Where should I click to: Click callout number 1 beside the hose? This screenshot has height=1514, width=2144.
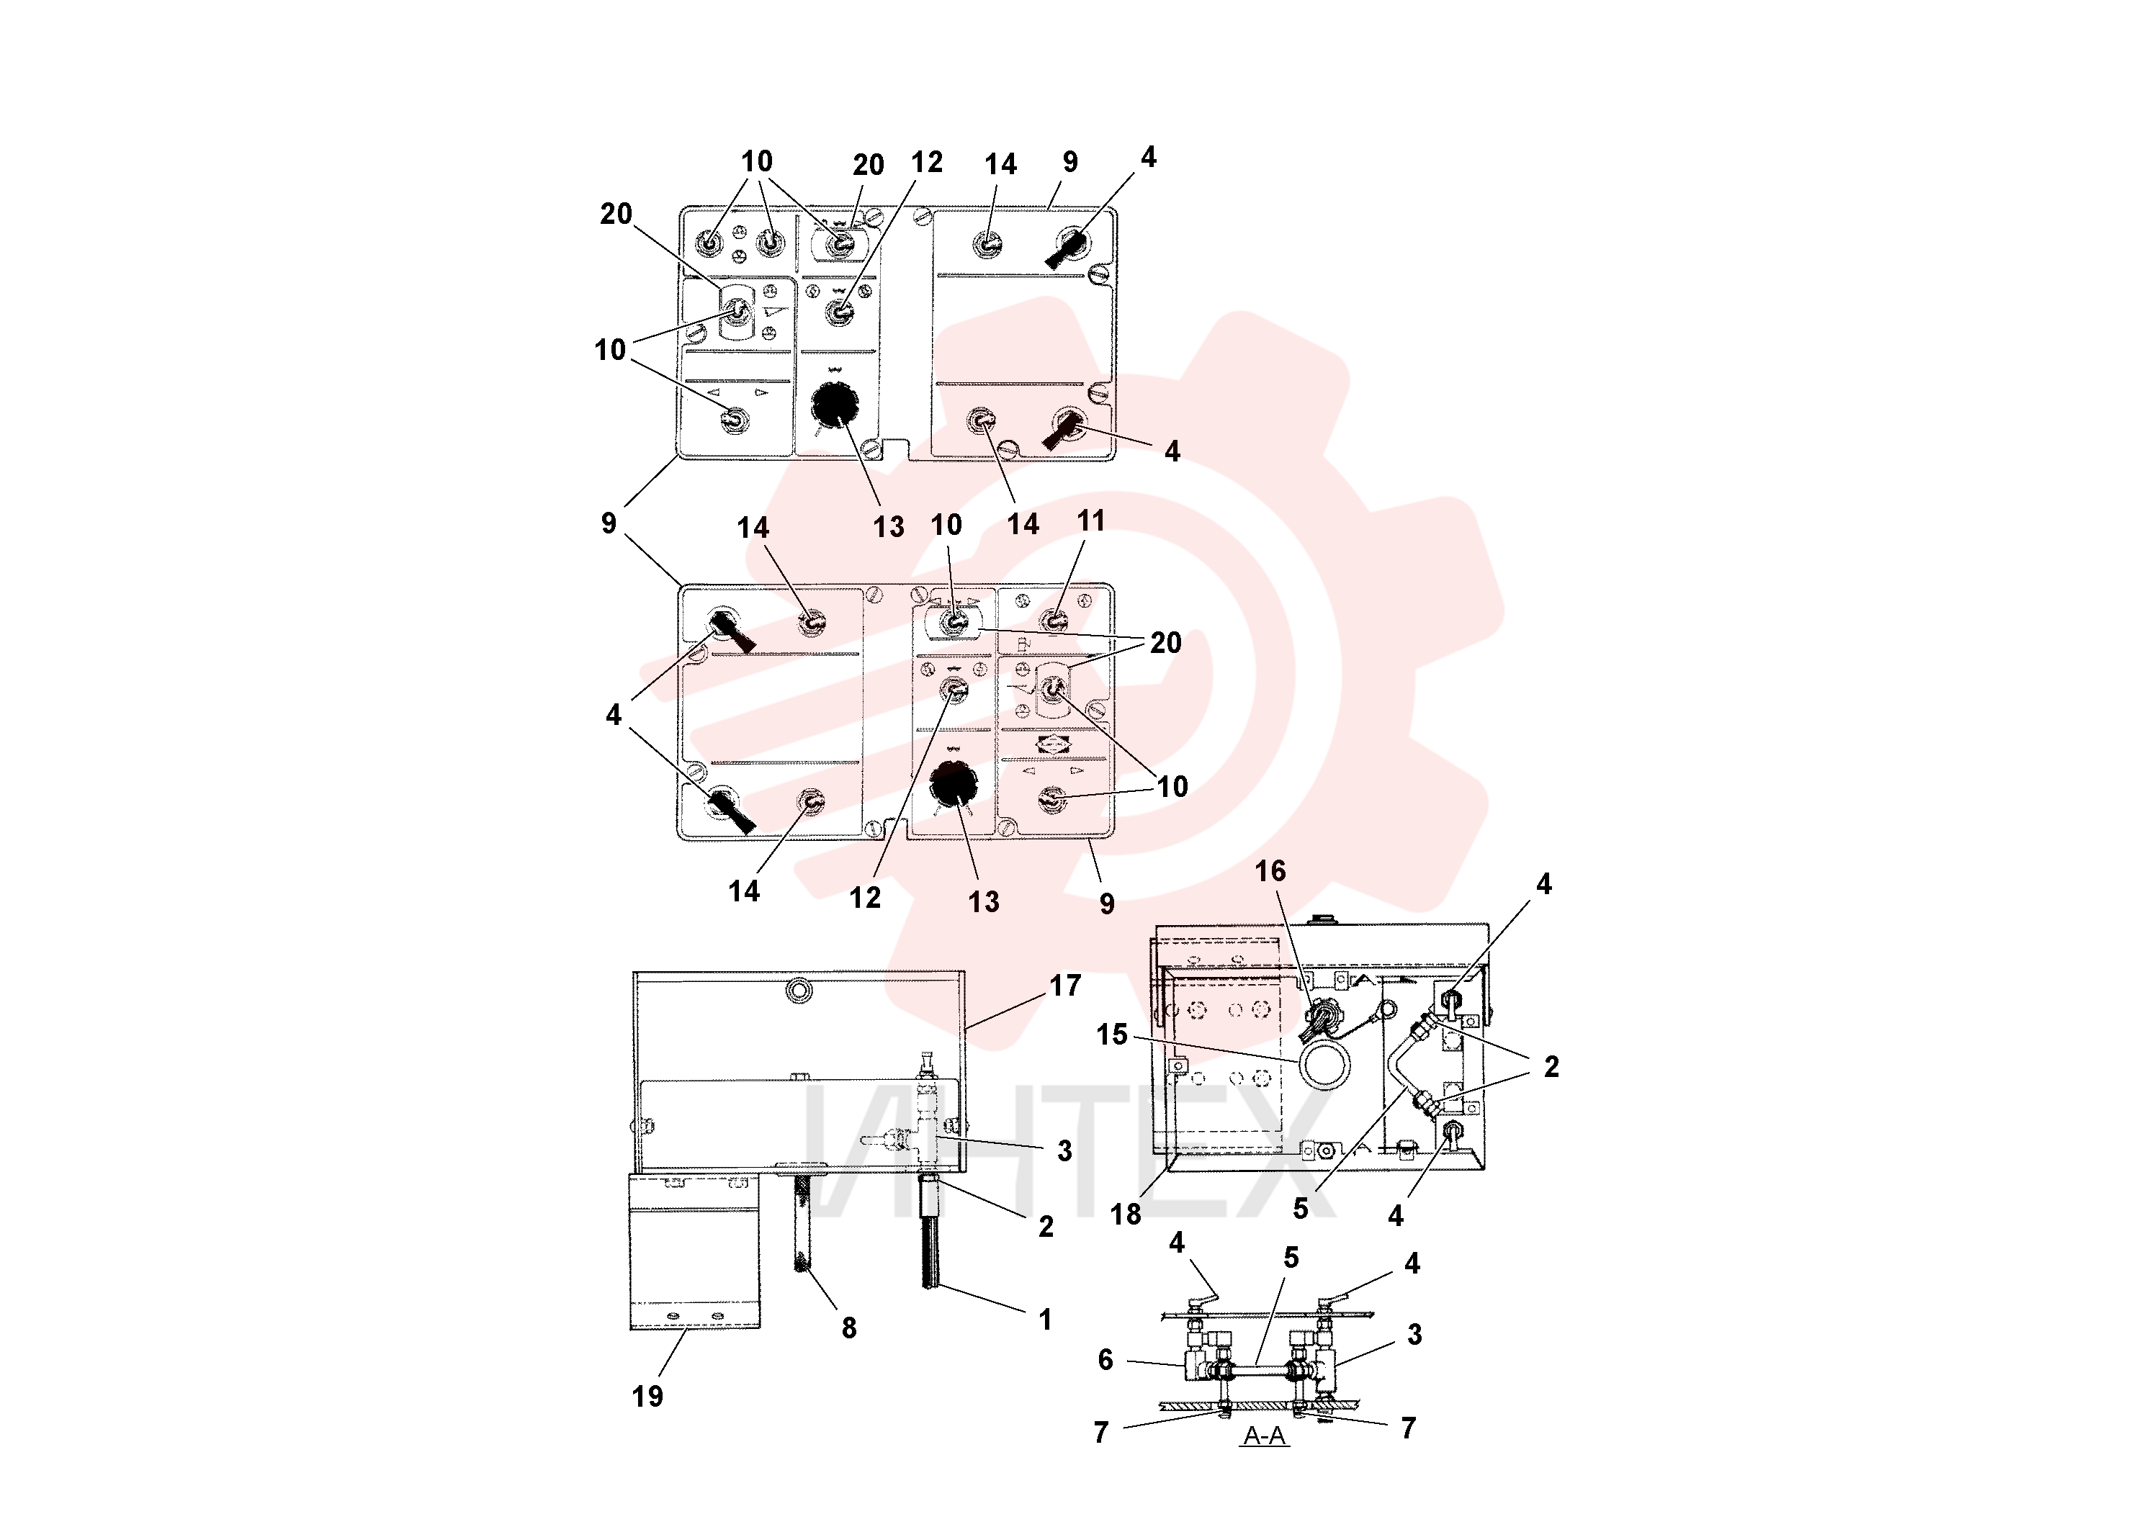click(1045, 1320)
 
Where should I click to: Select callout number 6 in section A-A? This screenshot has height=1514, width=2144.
click(1105, 1360)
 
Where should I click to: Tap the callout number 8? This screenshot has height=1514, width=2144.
click(849, 1328)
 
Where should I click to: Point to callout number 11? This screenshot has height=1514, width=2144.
click(1090, 521)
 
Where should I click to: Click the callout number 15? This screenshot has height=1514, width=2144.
click(1112, 1035)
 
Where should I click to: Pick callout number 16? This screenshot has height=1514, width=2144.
click(1270, 871)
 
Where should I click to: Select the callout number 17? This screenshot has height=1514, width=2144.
click(1065, 985)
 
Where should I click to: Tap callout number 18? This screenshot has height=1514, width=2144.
click(1125, 1214)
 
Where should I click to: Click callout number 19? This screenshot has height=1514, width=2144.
click(647, 1397)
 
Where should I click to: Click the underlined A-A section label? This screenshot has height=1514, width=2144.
click(1265, 1436)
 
